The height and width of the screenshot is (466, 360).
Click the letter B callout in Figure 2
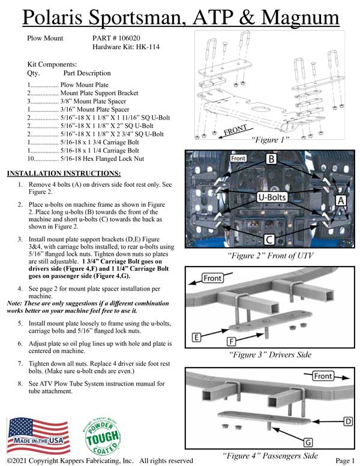[x=271, y=160]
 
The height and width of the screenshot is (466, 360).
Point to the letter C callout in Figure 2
[x=269, y=240]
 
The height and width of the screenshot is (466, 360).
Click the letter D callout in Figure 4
[x=347, y=421]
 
